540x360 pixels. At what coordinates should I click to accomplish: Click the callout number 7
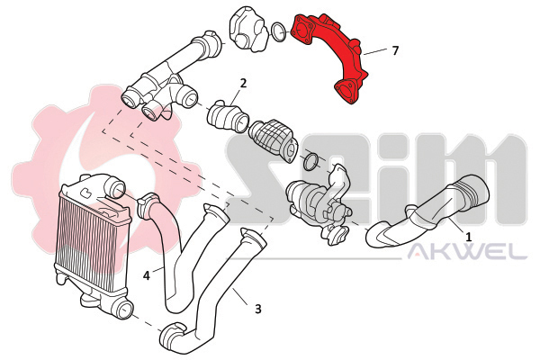395,50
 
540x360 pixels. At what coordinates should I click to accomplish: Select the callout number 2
243,83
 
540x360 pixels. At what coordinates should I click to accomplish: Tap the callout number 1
468,237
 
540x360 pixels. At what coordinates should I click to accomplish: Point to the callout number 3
258,309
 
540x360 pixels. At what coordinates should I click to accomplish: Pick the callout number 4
147,275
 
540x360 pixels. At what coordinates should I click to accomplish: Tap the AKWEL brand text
467,251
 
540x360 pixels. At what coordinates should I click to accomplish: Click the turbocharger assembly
319,207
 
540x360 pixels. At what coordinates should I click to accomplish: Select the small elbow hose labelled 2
228,116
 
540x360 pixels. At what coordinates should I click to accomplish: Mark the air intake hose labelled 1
427,217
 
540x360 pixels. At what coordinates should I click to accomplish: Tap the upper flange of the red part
302,30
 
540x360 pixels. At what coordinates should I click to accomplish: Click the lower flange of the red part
347,91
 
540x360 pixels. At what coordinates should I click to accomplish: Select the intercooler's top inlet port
115,188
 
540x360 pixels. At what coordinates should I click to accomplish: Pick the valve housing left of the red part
249,30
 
